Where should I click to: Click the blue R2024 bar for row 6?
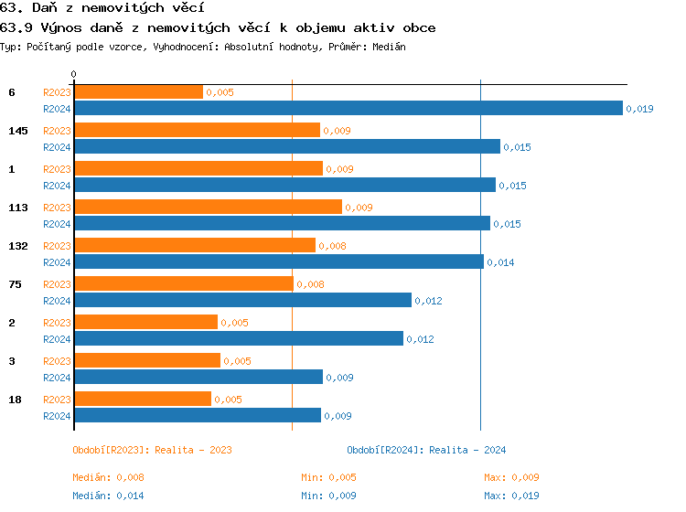point(348,108)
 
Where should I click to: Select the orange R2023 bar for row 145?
point(197,131)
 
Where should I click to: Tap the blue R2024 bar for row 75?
point(242,300)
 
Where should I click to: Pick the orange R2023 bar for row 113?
point(208,208)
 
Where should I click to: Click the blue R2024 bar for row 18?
point(197,416)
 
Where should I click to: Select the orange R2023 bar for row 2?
point(145,322)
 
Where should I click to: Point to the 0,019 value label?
point(639,109)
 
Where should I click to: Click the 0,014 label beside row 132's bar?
point(500,262)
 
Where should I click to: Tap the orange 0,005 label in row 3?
point(237,361)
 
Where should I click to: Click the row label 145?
point(18,131)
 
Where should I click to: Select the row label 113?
point(18,208)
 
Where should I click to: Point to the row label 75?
point(15,284)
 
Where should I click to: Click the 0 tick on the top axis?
point(74,74)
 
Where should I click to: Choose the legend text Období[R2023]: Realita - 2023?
point(152,450)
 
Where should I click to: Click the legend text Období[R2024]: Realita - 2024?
point(426,450)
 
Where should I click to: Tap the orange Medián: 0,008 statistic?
point(108,477)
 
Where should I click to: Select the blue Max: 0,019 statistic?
point(511,496)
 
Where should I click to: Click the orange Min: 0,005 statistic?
point(328,477)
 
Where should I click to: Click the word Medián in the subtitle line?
point(389,46)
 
